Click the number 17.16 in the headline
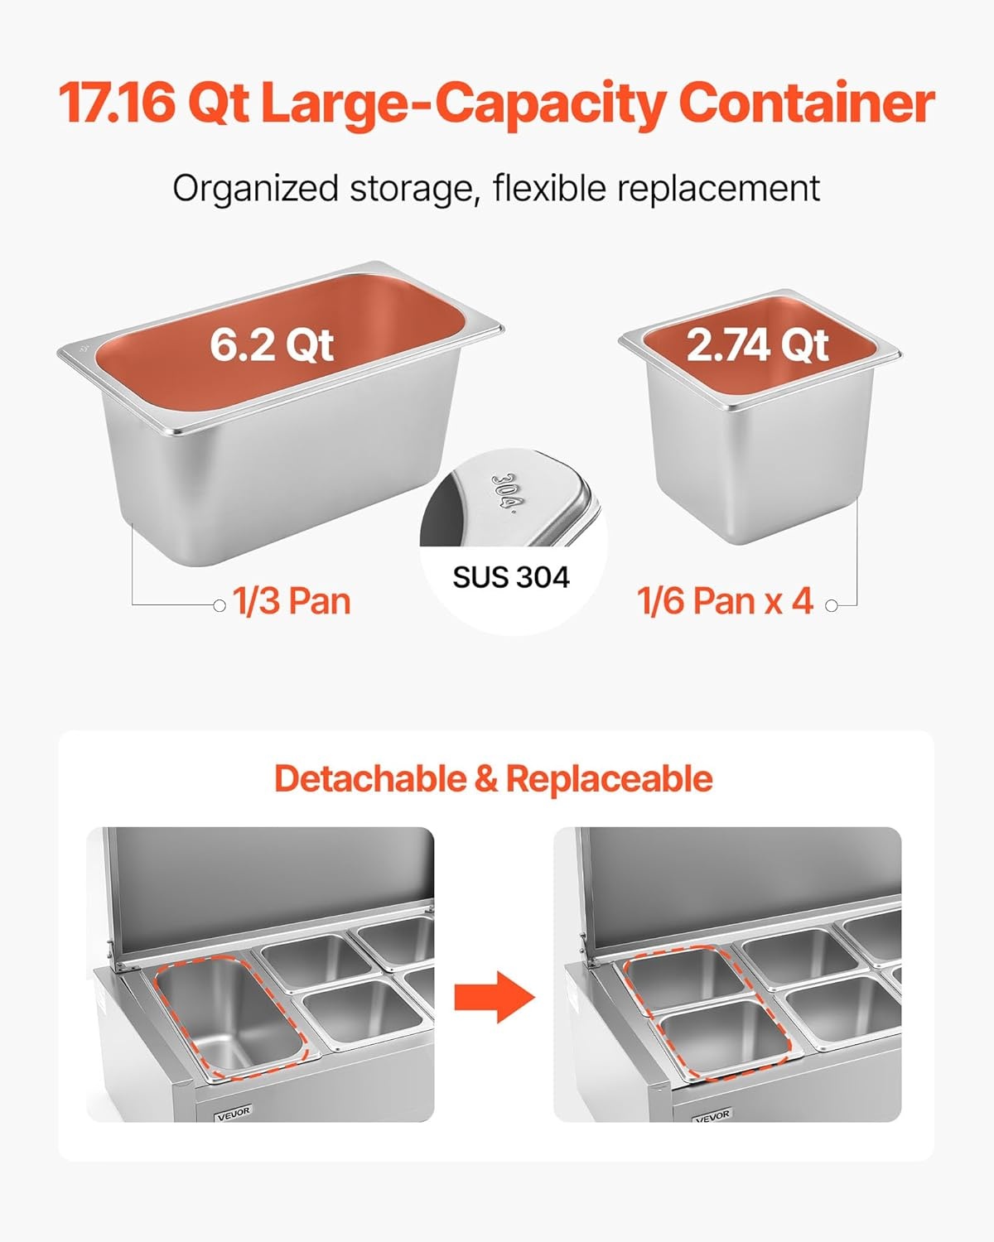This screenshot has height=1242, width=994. tap(116, 103)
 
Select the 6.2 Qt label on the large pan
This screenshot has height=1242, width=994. tap(272, 345)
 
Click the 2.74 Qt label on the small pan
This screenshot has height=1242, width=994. tap(758, 346)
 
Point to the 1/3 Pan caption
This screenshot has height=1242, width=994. tap(292, 601)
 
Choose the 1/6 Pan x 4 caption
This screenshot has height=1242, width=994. tap(726, 601)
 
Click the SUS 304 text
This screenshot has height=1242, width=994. tap(511, 577)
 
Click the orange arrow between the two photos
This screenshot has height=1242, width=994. tap(495, 998)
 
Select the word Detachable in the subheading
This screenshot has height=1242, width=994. tap(370, 778)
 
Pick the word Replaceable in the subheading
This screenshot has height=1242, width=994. tap(610, 779)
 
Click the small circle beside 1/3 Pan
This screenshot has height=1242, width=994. tap(220, 605)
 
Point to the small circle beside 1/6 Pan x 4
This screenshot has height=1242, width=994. tap(831, 605)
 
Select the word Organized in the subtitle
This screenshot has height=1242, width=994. tap(255, 190)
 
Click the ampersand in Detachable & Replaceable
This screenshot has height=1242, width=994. tap(486, 779)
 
